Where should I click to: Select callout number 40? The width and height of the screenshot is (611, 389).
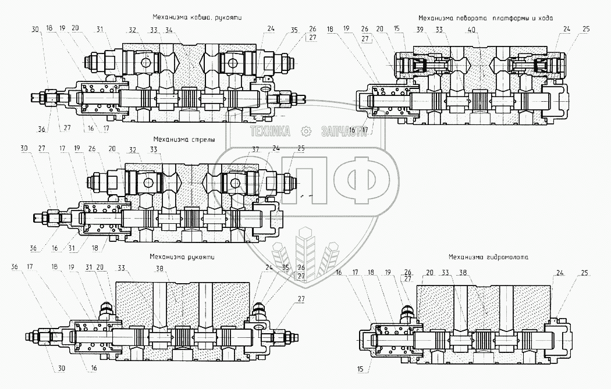coord(470,30)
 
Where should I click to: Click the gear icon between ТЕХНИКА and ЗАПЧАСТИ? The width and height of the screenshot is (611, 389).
coord(305,131)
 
